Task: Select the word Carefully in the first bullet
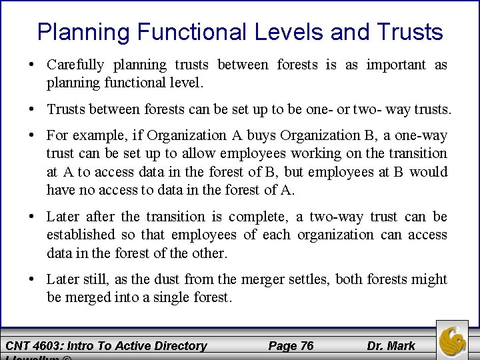pos(75,65)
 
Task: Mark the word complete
pos(255,217)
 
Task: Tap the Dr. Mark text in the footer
pos(391,345)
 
